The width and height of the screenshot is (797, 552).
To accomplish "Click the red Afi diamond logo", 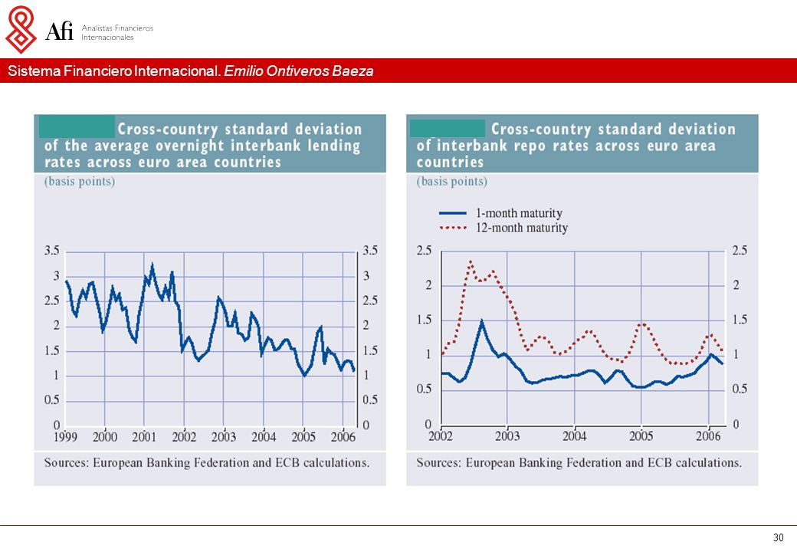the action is [x=21, y=29].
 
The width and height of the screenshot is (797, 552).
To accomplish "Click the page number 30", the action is [x=778, y=537].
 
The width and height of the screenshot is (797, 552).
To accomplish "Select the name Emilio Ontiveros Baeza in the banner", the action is [x=298, y=71].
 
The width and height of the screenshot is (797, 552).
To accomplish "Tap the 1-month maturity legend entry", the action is [x=500, y=213].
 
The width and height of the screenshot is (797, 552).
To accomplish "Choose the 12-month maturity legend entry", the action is [x=503, y=228].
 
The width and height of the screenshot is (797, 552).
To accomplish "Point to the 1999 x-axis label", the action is [x=65, y=437].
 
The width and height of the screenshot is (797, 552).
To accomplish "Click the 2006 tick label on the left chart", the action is [x=343, y=437].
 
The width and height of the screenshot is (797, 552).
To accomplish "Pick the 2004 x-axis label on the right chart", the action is [x=574, y=435].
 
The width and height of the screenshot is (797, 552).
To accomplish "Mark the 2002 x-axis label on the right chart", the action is [x=441, y=435].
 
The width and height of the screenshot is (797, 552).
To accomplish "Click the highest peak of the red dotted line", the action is [x=471, y=261].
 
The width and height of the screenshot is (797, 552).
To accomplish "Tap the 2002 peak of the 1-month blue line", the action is [x=481, y=321].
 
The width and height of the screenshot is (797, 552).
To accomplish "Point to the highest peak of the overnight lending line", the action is [x=152, y=264].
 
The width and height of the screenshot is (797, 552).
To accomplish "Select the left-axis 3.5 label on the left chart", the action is [x=52, y=251].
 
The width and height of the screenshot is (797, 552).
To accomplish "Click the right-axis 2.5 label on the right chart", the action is [x=740, y=251].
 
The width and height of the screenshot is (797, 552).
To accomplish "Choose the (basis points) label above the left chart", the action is [x=80, y=182].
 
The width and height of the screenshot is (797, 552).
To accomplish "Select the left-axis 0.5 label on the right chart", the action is [x=425, y=389].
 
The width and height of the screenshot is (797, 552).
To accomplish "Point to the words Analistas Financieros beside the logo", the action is [x=117, y=28].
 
